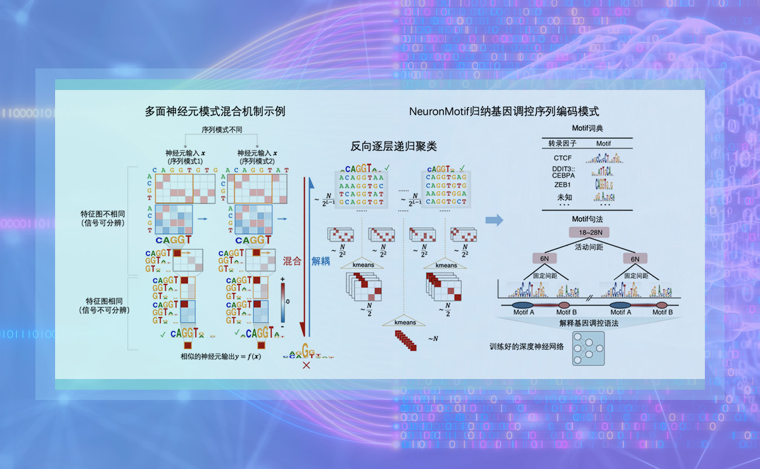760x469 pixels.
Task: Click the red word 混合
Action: tap(292, 261)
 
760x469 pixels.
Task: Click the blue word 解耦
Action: tap(320, 261)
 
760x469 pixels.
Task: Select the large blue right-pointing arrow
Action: tap(494, 220)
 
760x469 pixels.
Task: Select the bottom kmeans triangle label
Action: tap(405, 322)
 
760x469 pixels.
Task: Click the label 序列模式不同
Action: tap(222, 130)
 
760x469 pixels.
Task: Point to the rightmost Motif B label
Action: tap(662, 312)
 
